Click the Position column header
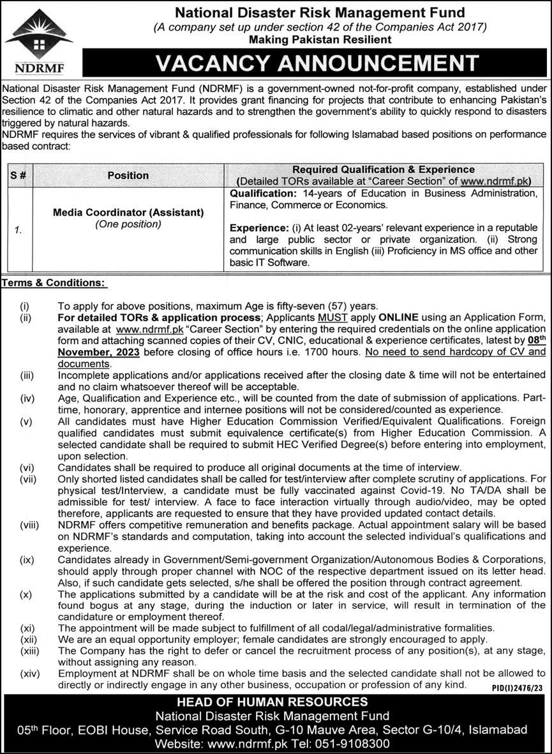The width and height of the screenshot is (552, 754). coord(128,175)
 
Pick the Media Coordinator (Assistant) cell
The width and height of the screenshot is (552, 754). coord(128,212)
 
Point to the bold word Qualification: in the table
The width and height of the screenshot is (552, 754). coord(261,192)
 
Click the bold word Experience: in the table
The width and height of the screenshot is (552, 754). coord(257,227)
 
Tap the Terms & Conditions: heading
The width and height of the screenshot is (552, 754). coord(54,282)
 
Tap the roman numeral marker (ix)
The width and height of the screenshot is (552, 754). coord(26,560)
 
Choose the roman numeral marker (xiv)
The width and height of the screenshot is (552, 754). coord(29,673)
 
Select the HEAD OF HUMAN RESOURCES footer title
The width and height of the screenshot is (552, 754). coord(276,703)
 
